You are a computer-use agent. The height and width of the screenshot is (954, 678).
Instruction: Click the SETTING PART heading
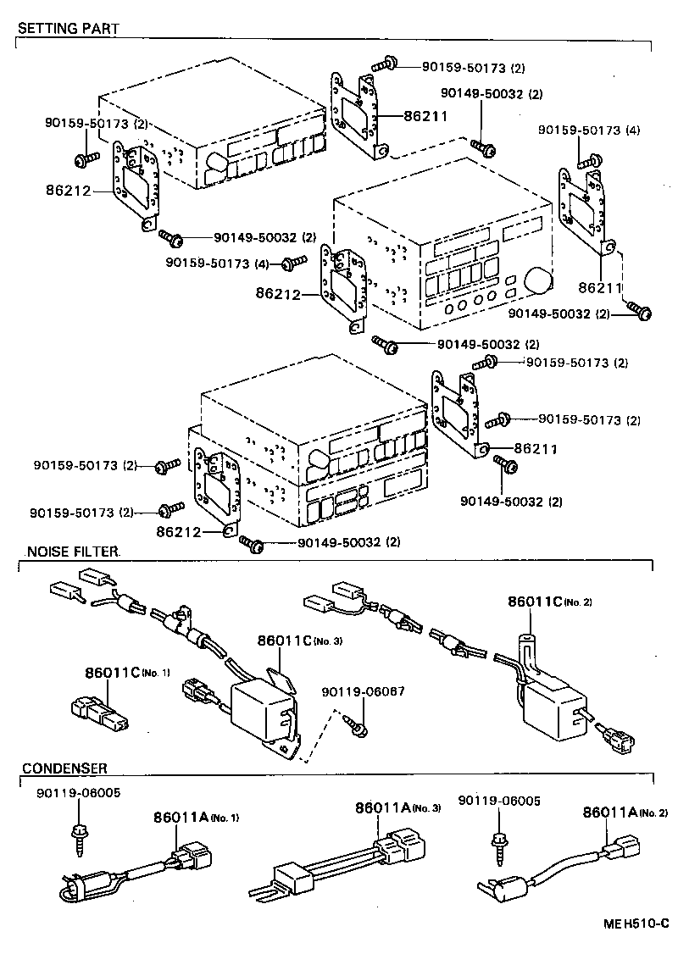[x=68, y=28]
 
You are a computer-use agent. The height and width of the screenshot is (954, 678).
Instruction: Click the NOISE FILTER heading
[x=73, y=552]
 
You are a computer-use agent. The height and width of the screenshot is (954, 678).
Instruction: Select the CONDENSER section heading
[x=64, y=768]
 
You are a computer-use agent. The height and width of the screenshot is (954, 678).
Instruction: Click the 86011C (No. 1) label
[x=127, y=672]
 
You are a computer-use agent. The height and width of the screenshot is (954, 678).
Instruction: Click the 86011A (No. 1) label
[x=197, y=818]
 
